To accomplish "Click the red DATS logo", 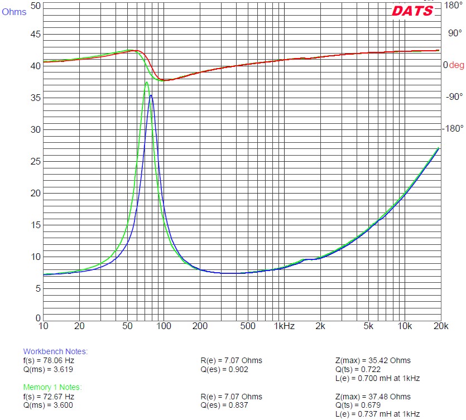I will (412, 11).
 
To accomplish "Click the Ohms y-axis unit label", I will (14, 12).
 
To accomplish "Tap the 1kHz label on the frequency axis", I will (285, 325).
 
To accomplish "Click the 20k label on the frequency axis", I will (440, 325).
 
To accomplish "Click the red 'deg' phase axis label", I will (457, 65).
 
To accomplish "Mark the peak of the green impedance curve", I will (147, 82).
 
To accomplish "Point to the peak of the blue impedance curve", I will (151, 95).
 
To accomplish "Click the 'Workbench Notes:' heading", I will (55, 351).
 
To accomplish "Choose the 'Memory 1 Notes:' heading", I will (52, 387).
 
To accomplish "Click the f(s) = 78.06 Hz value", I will (49, 360).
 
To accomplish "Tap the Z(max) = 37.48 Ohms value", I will (373, 396).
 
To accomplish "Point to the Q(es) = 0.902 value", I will (224, 369).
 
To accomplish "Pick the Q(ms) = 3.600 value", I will (49, 405).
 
